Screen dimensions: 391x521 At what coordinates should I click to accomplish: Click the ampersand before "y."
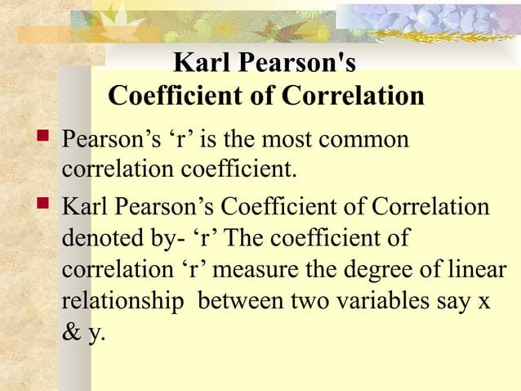click(x=71, y=333)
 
